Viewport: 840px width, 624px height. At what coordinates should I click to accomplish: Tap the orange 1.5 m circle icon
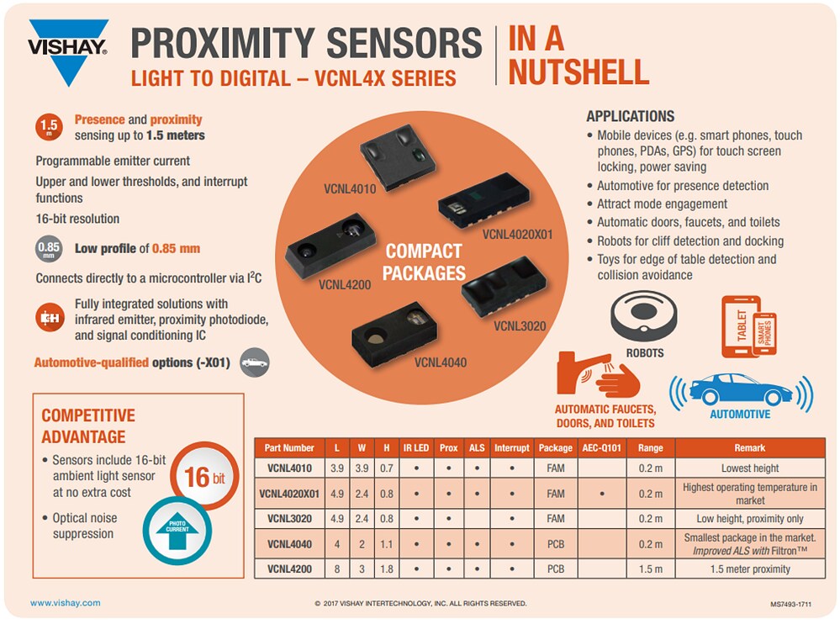49,127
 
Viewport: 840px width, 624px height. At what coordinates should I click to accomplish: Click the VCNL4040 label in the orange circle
440,362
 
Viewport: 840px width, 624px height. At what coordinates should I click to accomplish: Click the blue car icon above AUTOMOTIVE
740,389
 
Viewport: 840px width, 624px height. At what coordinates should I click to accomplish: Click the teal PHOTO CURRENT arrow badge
177,526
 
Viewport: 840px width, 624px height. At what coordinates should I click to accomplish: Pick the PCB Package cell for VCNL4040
556,544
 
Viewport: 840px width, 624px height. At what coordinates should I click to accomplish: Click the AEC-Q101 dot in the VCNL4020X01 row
602,494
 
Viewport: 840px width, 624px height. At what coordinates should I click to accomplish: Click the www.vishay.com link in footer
65,603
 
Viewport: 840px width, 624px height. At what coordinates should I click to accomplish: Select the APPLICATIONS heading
630,116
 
